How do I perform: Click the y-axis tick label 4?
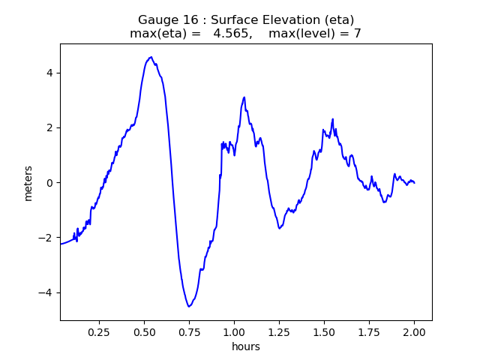[x=50, y=73]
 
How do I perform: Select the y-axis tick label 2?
[x=50, y=127]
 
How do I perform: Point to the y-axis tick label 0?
[x=50, y=183]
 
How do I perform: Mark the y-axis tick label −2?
[x=46, y=238]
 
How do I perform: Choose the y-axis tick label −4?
[x=46, y=292]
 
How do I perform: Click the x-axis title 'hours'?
[x=246, y=346]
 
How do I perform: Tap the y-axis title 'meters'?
[x=28, y=183]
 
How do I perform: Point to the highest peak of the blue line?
[x=151, y=57]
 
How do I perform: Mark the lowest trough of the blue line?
[x=189, y=306]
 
